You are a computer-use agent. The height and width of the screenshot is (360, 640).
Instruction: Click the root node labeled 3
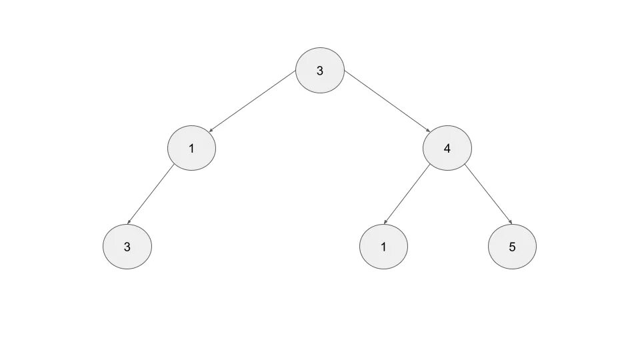coord(320,70)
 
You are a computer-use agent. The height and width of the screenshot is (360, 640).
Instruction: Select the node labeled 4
coord(447,147)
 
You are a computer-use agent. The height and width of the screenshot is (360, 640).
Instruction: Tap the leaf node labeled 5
coord(512,247)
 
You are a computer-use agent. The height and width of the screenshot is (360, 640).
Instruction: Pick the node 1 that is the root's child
coord(191,147)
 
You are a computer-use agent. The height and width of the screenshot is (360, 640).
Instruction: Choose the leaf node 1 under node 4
coord(383,247)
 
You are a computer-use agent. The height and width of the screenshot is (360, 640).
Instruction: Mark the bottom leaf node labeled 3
coord(127,247)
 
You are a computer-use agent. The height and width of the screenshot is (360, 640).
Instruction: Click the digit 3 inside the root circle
coord(320,71)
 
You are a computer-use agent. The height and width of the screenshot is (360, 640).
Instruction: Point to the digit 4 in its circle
coord(447,148)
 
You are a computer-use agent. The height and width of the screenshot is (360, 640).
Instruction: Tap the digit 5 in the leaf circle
coord(512,247)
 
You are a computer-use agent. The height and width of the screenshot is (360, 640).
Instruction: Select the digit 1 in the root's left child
coord(191,148)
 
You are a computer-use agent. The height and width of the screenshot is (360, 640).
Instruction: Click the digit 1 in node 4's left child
coord(383,247)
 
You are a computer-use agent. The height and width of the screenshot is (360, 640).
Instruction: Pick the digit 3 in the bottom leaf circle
coord(127,247)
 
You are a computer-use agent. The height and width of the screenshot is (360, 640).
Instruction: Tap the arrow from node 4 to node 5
coord(489,193)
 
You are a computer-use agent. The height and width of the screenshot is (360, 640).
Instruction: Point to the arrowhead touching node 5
coord(510,223)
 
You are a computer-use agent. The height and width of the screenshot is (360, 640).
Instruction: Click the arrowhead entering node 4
coord(427,133)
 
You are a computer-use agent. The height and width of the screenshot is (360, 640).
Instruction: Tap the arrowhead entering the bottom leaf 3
coord(129,223)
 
